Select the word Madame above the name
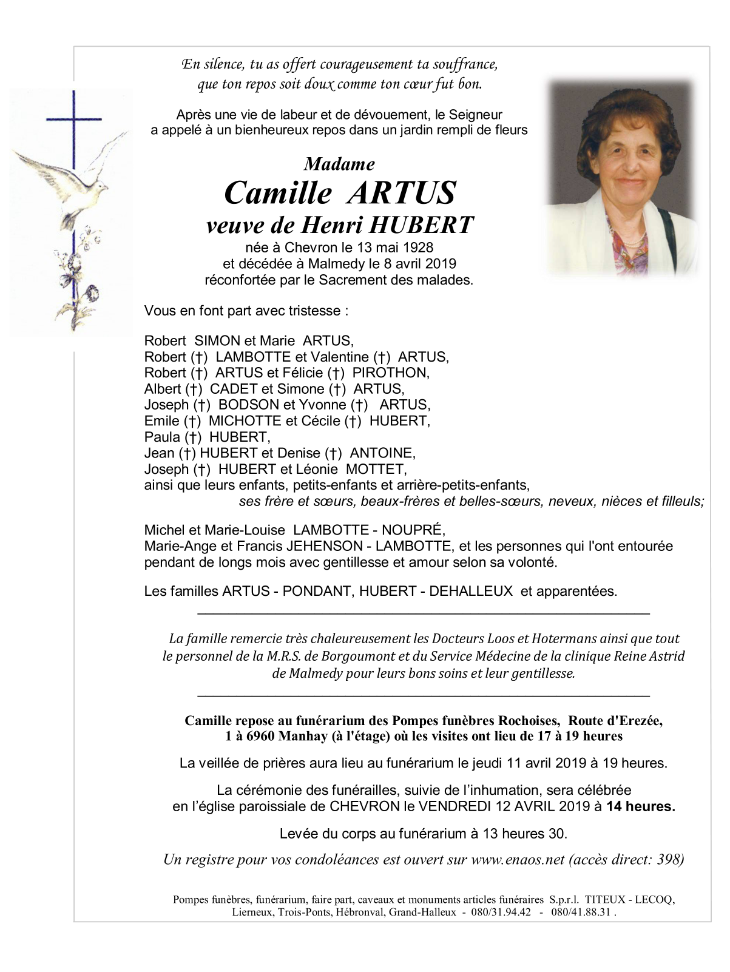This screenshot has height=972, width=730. tap(339, 164)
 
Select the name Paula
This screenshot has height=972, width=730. tap(162, 437)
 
